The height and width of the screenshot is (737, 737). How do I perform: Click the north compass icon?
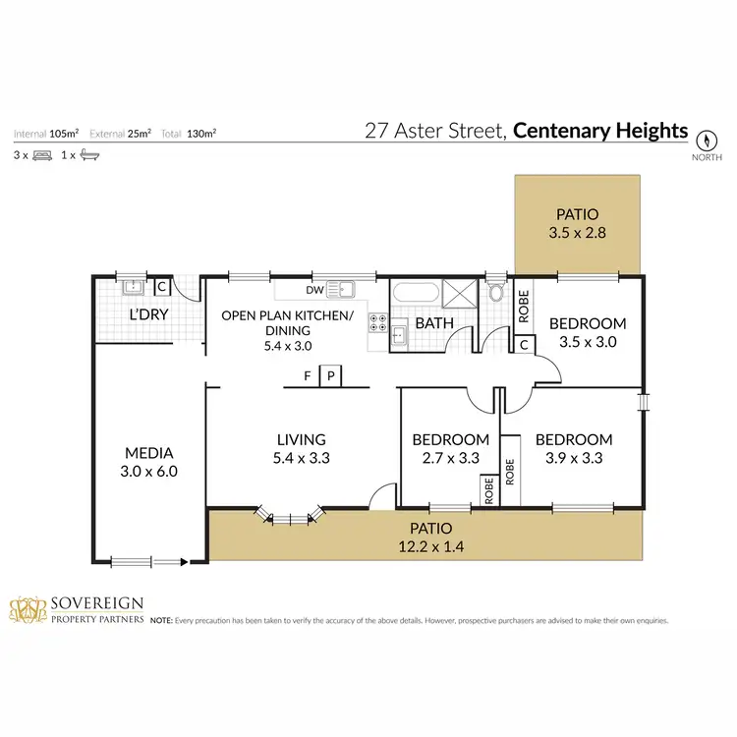(x=706, y=139)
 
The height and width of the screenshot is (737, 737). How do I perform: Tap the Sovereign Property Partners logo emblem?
(x=28, y=609)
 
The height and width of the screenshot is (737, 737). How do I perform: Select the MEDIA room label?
(x=149, y=453)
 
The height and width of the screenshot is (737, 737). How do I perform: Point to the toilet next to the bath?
(x=496, y=292)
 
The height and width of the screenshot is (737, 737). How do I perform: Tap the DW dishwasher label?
(x=314, y=290)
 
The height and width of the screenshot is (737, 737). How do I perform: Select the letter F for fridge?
(x=308, y=375)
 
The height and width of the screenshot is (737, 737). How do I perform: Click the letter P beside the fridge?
(x=331, y=375)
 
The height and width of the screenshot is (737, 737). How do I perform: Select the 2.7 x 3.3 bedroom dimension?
(x=450, y=456)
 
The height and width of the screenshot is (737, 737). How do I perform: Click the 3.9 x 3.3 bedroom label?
(x=574, y=448)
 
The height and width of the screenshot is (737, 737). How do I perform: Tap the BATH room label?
(x=432, y=322)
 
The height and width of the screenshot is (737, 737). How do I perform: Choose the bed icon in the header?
(x=41, y=155)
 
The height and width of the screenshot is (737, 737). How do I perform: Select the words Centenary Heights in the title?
(x=599, y=130)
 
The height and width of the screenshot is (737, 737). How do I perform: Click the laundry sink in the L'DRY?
(x=132, y=289)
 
